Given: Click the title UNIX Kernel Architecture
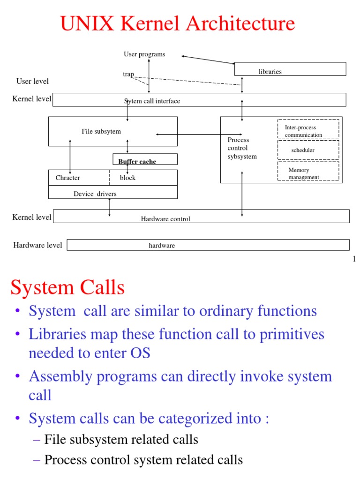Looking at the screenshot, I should click(178, 24).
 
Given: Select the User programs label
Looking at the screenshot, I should click(144, 54).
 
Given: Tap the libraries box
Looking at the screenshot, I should click(290, 69).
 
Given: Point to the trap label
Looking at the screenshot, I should click(128, 75).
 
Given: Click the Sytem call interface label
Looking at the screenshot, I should click(152, 101).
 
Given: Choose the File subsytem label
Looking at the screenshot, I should click(101, 131).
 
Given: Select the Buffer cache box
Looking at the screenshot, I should click(145, 159).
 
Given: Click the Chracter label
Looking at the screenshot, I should click(67, 178).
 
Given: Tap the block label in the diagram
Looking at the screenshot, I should click(127, 178).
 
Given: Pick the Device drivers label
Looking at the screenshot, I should click(95, 194).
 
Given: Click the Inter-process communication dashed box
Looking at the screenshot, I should click(308, 129).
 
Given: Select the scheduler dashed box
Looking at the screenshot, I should click(308, 150).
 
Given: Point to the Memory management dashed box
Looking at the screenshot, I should click(308, 171).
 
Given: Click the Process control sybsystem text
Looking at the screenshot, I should click(242, 148).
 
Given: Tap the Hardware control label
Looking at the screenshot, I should click(165, 219).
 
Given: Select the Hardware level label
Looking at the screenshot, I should click(37, 245).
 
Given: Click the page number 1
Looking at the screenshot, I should click(354, 259).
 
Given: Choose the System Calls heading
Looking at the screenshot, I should click(67, 287).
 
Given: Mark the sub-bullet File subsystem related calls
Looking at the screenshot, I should click(121, 439).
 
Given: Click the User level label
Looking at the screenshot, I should click(32, 82).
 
